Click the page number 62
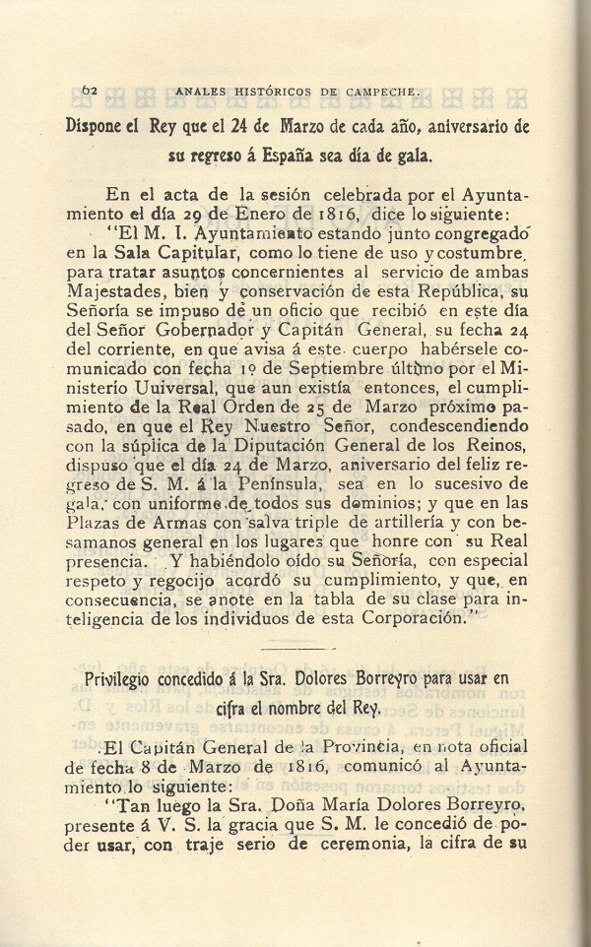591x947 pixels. [89, 92]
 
